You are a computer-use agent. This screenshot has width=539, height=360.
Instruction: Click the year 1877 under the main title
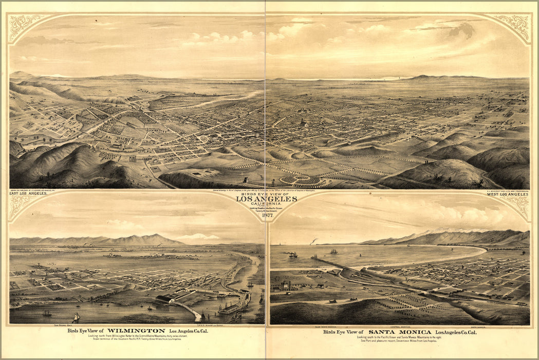[x=267, y=215]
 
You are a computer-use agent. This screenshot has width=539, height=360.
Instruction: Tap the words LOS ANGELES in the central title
[x=266, y=199]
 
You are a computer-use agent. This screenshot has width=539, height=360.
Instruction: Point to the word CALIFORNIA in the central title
[x=266, y=204]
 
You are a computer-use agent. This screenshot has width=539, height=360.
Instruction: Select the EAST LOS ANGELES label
[x=28, y=194]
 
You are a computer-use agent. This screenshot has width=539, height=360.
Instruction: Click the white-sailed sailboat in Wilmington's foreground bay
[x=76, y=318]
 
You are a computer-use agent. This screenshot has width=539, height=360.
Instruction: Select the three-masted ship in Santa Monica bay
[x=333, y=251]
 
